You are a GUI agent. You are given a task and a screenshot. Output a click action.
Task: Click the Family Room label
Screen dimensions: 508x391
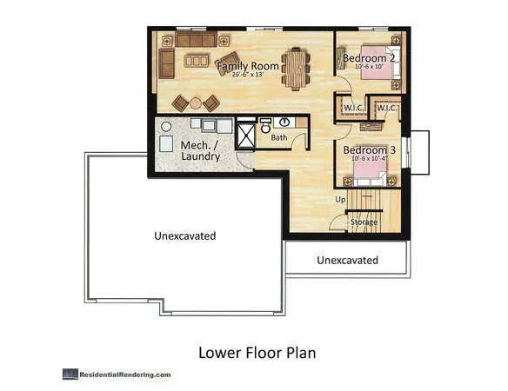pos(248,66)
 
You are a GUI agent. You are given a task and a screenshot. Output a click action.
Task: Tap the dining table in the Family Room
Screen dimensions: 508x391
pos(296,69)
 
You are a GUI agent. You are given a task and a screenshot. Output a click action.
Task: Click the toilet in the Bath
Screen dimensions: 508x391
pos(265,126)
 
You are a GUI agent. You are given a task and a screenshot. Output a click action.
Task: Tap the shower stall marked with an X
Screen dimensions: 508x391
pos(246,136)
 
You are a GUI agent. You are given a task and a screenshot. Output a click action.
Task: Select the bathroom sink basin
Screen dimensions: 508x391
pos(284,123)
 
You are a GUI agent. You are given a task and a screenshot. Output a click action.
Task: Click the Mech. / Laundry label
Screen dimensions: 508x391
pos(200,151)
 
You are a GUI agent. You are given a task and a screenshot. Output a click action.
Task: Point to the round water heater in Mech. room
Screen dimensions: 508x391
pos(166,126)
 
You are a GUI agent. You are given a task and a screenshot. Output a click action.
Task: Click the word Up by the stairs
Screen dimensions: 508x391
pos(340,199)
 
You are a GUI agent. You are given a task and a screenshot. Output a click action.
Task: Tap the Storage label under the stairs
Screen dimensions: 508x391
pos(364,222)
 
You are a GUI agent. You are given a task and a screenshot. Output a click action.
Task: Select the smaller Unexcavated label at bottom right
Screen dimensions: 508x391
pos(347,261)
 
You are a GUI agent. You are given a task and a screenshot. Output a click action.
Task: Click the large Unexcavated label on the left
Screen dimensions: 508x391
pos(185,235)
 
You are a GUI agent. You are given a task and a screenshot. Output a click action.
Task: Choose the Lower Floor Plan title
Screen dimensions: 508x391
pos(257,353)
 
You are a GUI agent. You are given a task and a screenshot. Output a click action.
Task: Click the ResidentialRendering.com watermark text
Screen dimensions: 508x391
pos(125,374)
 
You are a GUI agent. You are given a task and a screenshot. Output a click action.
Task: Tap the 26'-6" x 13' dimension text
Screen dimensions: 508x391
pos(248,74)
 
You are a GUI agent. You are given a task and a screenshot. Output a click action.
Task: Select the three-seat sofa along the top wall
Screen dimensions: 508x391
pos(196,39)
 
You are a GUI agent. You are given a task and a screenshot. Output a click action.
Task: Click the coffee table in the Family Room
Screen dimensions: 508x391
pos(197,61)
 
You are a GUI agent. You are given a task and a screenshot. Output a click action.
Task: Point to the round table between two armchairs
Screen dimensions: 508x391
pos(196,103)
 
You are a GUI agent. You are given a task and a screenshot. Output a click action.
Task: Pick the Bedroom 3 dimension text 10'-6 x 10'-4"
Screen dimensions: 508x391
pos(370,159)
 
